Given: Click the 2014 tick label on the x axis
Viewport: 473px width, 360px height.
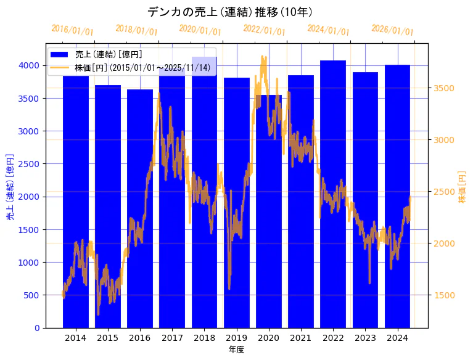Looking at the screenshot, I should click(76, 338).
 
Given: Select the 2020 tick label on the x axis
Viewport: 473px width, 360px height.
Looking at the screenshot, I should click(269, 338).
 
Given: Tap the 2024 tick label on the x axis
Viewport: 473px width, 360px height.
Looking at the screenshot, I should click(397, 338).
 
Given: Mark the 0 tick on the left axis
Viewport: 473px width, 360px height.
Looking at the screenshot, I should click(37, 327).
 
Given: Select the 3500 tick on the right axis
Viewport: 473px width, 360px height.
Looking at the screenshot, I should click(443, 88).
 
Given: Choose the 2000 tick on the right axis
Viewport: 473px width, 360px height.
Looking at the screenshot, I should click(443, 243).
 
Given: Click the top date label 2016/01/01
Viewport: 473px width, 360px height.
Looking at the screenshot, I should click(73, 30).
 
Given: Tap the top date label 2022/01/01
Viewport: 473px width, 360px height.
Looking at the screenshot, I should click(265, 30).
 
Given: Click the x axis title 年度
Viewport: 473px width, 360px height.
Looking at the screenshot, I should click(236, 350).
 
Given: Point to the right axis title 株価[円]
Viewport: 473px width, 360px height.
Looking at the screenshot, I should click(463, 188).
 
